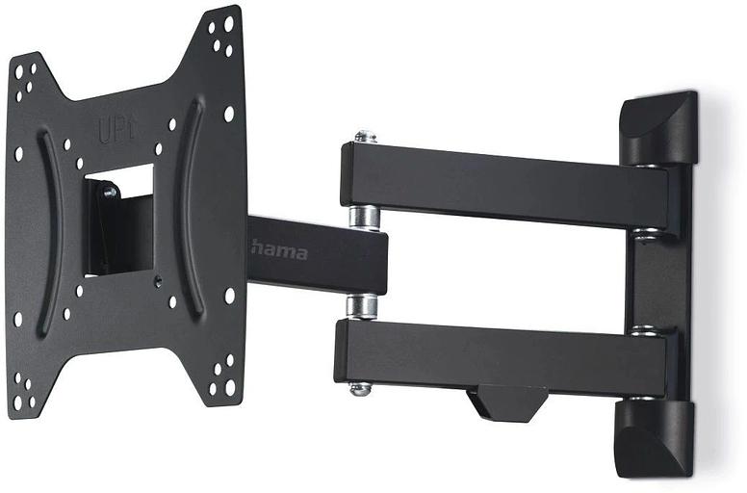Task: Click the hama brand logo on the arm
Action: (279, 251)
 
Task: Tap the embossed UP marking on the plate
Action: (116, 130)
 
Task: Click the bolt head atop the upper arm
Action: (364, 138)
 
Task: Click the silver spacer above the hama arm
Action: (364, 216)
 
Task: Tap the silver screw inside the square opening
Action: (109, 193)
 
